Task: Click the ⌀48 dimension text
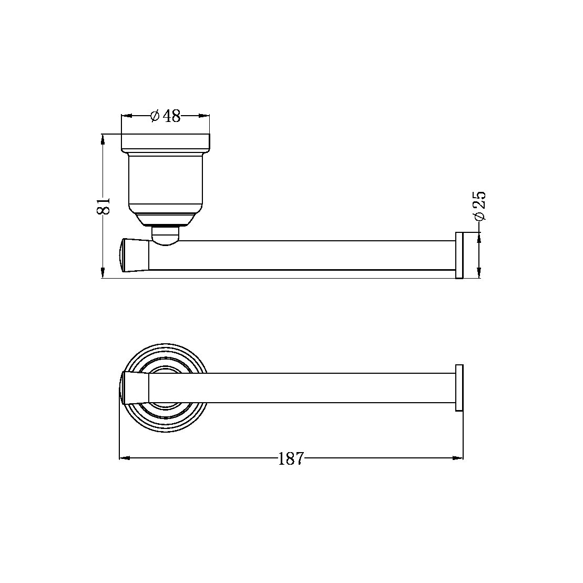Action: [166, 116]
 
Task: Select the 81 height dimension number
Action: [104, 206]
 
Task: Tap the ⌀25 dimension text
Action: [479, 206]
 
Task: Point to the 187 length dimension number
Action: [291, 459]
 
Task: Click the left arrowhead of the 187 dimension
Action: [125, 458]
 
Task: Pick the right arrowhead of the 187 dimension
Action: [458, 458]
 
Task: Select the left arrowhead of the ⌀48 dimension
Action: [126, 116]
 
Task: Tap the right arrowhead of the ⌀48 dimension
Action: [205, 116]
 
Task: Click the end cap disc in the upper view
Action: [459, 255]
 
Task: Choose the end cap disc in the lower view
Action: [459, 388]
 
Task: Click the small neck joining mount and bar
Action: [165, 234]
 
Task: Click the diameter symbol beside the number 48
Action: [155, 116]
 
